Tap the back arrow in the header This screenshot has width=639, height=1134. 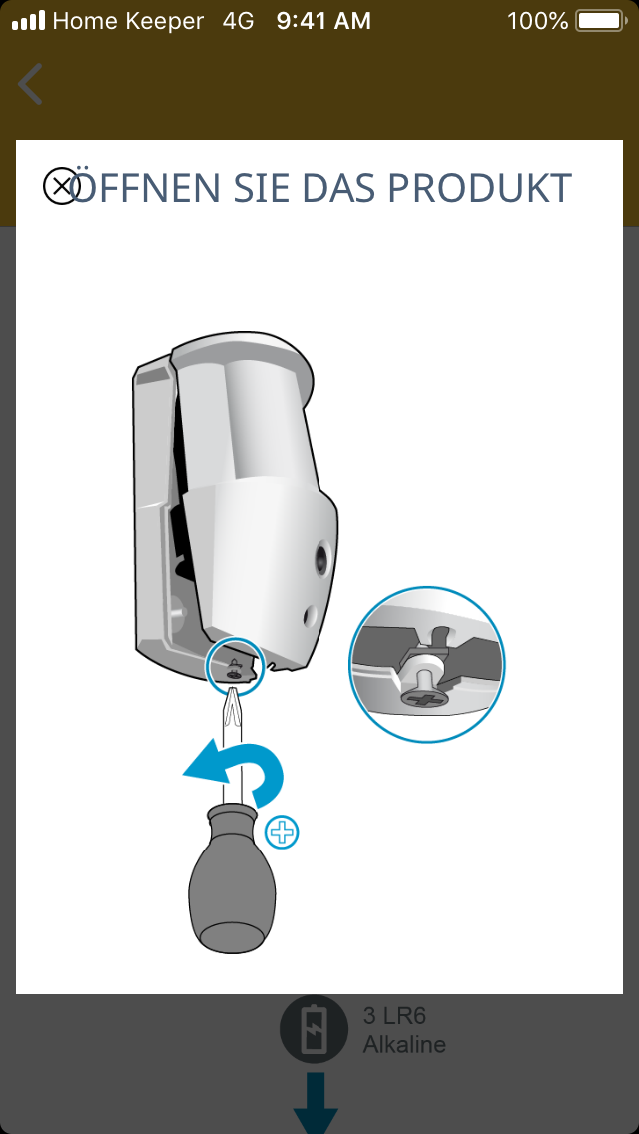coord(30,84)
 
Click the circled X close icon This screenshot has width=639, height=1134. coord(62,186)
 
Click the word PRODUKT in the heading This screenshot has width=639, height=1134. coord(480,188)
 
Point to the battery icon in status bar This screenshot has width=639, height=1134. coord(601,21)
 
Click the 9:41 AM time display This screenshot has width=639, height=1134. coord(323,21)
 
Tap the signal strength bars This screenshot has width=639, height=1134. coord(28,21)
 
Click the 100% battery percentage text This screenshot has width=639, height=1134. coord(538,21)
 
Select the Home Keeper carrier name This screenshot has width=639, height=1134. coord(128,21)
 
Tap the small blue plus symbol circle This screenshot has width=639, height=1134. coord(282,834)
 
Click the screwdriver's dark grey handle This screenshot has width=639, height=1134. coord(232,878)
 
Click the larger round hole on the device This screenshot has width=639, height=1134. coord(321,558)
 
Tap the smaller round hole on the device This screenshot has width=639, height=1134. coord(311,616)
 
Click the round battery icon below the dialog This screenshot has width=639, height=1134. coord(315,1030)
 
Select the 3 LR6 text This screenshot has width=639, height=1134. coord(394,1016)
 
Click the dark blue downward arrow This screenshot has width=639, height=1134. coord(316,1103)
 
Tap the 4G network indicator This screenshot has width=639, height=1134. coord(238,21)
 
